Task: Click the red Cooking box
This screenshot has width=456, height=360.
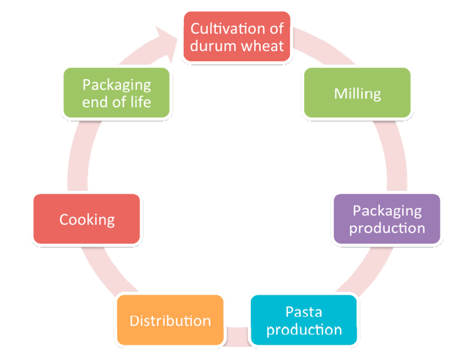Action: coord(87,219)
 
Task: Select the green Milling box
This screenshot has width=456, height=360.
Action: coord(357,93)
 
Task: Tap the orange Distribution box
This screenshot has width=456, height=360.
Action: coord(170,320)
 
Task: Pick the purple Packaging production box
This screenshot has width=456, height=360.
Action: coord(387,219)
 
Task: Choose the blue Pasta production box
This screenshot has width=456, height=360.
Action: coord(304,320)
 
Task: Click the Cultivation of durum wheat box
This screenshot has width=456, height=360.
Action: coord(237,36)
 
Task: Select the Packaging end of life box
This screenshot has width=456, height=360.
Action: coord(117,93)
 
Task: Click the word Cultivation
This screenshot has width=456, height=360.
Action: coord(217,28)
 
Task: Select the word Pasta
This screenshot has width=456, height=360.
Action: coord(304,311)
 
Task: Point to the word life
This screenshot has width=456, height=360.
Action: coord(139,102)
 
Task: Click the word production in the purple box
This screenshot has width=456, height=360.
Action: coord(387,228)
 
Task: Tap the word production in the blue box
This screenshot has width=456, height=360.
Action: coord(304,330)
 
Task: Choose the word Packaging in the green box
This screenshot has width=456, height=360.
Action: coord(117,85)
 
